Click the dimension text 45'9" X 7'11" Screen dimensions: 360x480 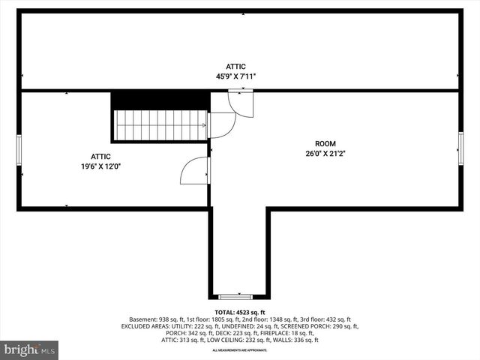click(x=236, y=76)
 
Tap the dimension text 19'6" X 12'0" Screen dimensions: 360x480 click(x=100, y=166)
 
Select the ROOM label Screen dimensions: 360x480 click(x=325, y=143)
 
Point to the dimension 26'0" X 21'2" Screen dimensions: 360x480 click(x=325, y=153)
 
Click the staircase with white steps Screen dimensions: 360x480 click(x=160, y=124)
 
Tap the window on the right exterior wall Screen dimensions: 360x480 click(x=460, y=147)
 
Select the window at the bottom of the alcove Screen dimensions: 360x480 click(x=239, y=296)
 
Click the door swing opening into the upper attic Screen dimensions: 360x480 click(x=241, y=103)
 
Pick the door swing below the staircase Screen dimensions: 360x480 click(x=195, y=171)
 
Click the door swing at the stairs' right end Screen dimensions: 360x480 click(x=220, y=124)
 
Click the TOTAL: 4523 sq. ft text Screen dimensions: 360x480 click(x=240, y=312)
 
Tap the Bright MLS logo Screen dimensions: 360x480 click(x=30, y=349)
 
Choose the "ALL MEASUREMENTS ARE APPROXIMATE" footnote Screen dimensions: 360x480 click(x=239, y=350)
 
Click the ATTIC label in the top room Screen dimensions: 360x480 click(x=236, y=67)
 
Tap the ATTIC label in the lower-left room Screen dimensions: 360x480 click(x=100, y=157)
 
